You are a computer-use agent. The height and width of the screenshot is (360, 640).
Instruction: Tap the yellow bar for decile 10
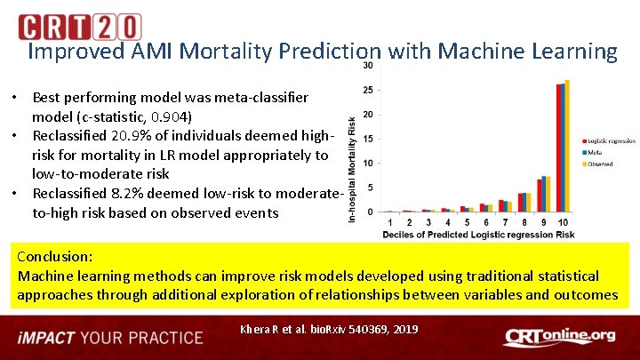coord(567,146)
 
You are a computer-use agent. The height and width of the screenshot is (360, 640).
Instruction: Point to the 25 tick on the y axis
coord(368,90)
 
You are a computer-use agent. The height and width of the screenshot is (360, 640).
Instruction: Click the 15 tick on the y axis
coord(368,139)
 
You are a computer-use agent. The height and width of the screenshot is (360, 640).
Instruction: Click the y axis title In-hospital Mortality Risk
coord(353,169)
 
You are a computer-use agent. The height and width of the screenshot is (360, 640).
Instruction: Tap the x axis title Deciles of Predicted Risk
coord(478,235)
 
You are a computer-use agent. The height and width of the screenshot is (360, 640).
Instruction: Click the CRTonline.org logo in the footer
coord(559,336)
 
